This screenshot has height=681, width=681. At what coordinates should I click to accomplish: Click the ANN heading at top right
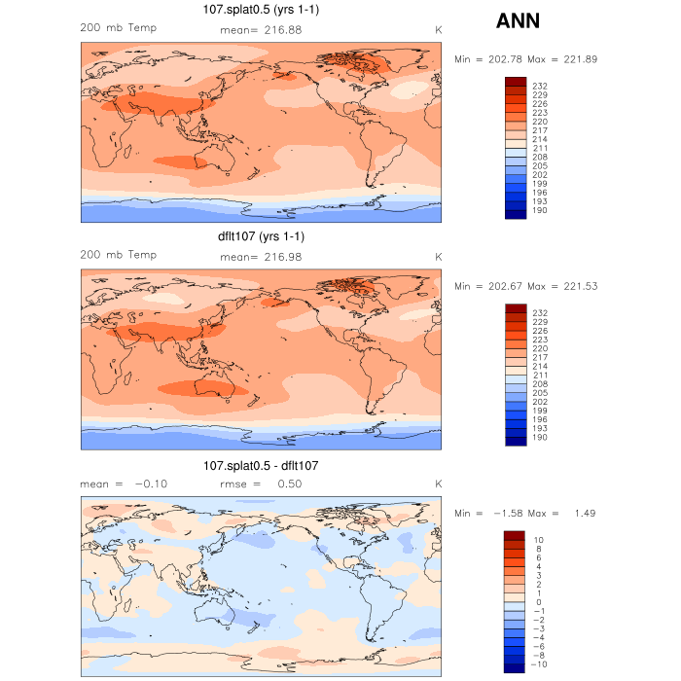(x=518, y=20)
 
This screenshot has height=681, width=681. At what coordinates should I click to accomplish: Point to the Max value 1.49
(x=583, y=513)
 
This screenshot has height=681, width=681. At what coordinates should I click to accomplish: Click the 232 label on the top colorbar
(x=540, y=87)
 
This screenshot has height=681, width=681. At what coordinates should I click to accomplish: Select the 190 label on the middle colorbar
(x=540, y=438)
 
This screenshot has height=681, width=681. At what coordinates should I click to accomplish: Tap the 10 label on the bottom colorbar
(x=537, y=539)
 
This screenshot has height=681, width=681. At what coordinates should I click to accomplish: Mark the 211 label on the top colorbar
(x=540, y=148)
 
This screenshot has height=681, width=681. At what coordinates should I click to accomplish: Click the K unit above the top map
(x=438, y=30)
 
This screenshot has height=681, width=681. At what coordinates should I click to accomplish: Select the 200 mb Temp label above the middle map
(x=118, y=255)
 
